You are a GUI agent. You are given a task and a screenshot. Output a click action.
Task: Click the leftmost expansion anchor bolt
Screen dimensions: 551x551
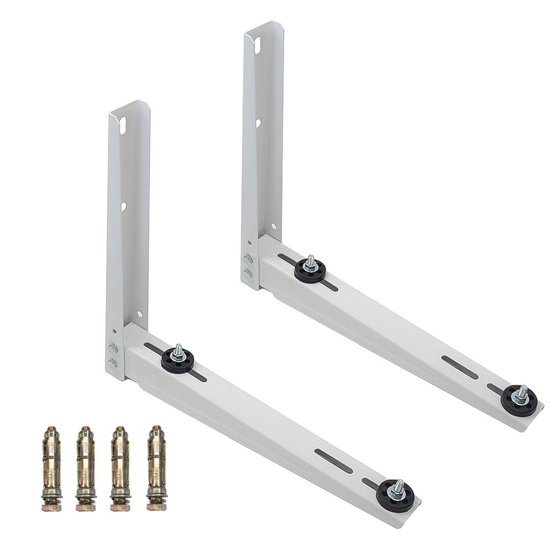pos(51,468)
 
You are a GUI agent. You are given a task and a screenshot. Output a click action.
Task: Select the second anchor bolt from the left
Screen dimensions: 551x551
pos(86,468)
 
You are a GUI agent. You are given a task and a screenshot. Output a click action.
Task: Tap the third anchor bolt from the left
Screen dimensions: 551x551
pos(121,468)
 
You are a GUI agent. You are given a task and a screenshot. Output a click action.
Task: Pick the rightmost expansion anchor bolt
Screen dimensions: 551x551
pos(156,468)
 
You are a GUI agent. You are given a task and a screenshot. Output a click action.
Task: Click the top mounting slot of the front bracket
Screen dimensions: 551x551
pos(123,125)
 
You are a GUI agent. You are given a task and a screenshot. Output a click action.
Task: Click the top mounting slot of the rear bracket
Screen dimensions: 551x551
pos(257,46)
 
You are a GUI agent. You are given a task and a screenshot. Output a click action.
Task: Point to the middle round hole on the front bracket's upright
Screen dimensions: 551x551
pos(123,207)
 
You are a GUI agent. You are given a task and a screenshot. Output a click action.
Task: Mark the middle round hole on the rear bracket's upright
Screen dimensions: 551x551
pos(258,123)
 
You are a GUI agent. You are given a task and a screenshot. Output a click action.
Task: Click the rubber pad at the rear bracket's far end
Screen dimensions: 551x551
pos(519,401)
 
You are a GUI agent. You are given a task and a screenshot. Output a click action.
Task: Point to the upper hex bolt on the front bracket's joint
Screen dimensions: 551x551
pos(113,349)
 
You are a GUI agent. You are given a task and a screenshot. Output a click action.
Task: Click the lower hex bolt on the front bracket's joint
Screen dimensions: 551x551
pos(113,363)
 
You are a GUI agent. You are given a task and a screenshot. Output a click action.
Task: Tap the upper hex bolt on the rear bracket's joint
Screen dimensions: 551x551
pos(248,260)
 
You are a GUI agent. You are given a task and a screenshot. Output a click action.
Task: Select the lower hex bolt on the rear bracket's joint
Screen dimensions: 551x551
pos(248,273)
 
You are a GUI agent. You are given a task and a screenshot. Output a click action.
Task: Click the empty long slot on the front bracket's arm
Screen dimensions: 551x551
pos(333,460)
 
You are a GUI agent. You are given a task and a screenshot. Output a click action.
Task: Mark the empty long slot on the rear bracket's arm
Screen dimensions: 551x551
pos(460,367)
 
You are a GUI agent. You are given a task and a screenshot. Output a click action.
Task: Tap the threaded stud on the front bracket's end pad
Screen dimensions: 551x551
pos(397,486)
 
